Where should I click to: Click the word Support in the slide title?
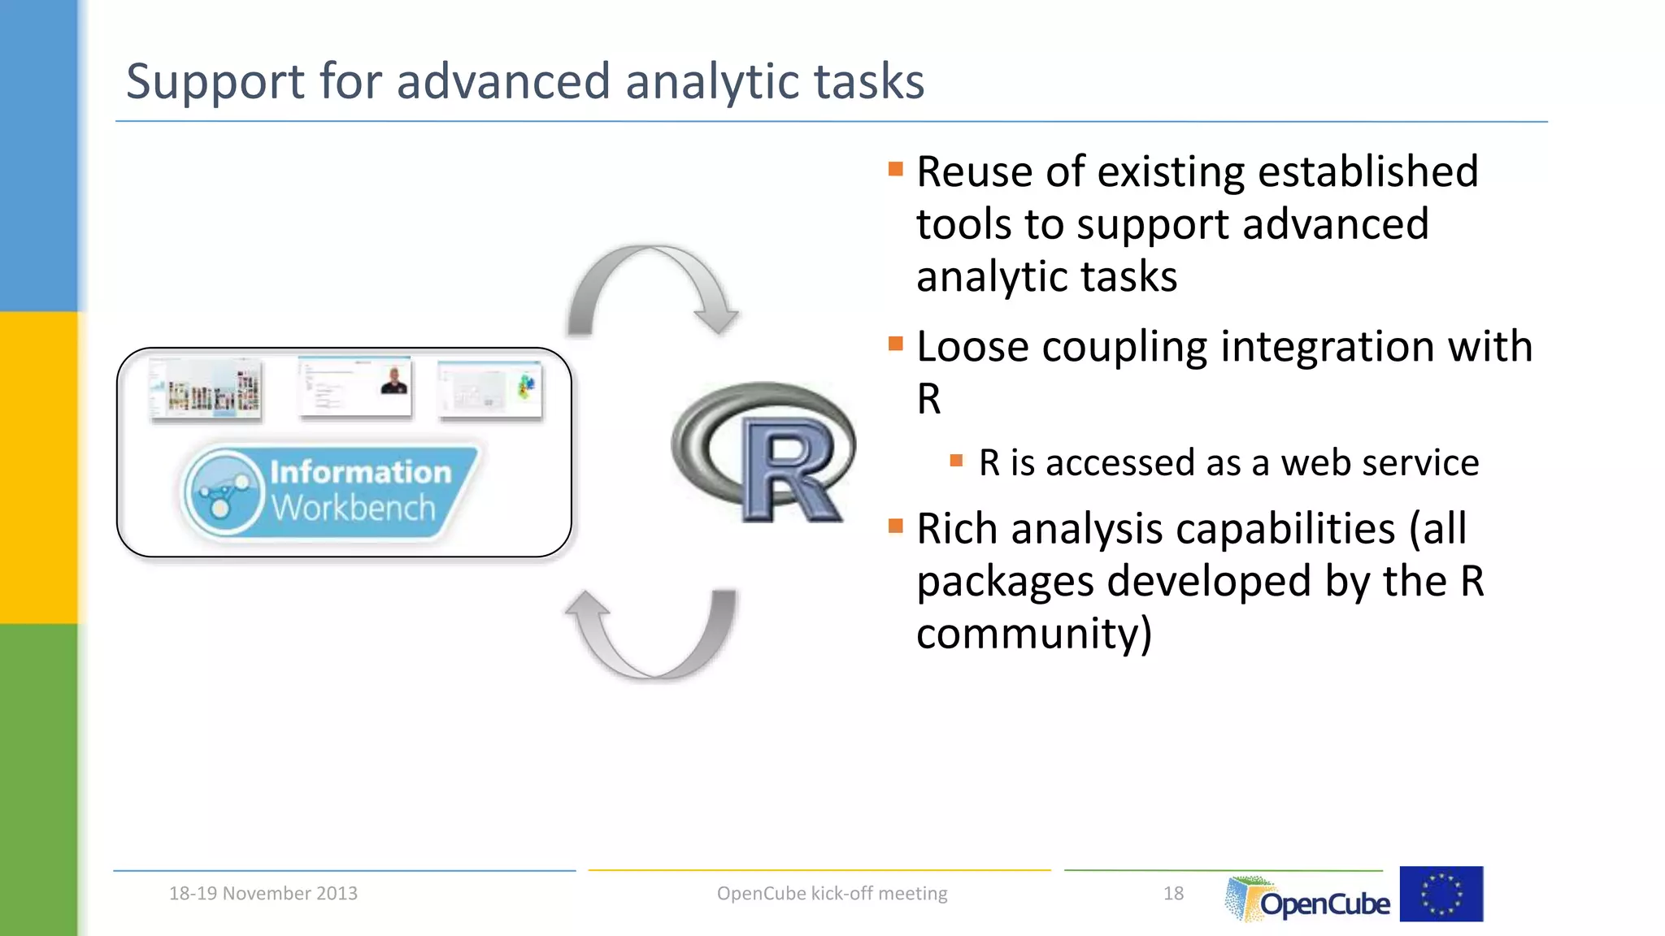point(215,83)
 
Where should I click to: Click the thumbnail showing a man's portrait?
point(354,386)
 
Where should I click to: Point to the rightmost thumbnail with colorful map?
point(489,389)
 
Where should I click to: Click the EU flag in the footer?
point(1441,894)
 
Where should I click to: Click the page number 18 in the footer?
point(1173,894)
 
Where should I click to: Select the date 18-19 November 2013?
point(263,894)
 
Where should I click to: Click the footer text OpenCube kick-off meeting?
point(832,894)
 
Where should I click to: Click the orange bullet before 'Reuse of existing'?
point(896,169)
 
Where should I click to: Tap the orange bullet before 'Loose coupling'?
point(896,344)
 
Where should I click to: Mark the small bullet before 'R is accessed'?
point(956,461)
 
